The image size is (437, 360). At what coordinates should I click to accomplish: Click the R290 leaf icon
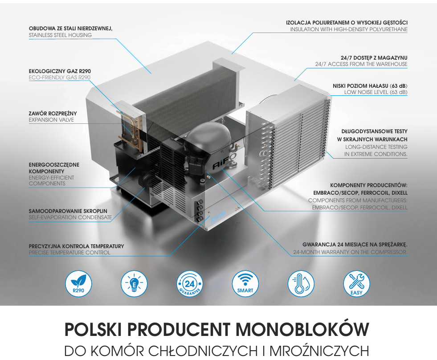[x=78, y=283]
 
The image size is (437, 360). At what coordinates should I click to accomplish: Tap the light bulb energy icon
[x=134, y=283]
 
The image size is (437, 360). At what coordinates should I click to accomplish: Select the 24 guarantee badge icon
[x=190, y=283]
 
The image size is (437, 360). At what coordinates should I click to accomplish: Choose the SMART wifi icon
[x=245, y=283]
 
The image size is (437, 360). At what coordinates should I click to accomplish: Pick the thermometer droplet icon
[x=301, y=283]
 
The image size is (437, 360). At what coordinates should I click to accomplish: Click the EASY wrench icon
[x=356, y=283]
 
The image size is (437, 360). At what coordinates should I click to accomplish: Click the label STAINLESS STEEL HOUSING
[x=60, y=35]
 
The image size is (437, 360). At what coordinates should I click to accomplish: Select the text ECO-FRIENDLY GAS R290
[x=60, y=78]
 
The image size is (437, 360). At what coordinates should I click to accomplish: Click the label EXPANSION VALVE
[x=51, y=120]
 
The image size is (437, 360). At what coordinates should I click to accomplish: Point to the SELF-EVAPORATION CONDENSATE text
[x=70, y=217]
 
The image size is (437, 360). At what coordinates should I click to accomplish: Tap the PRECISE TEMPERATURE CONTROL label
[x=69, y=253]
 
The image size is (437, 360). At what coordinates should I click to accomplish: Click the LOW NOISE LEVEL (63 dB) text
[x=376, y=92]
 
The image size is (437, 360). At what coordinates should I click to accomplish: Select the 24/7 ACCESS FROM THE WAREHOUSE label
[x=361, y=64]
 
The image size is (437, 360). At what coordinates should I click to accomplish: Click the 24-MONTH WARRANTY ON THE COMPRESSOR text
[x=350, y=253]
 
